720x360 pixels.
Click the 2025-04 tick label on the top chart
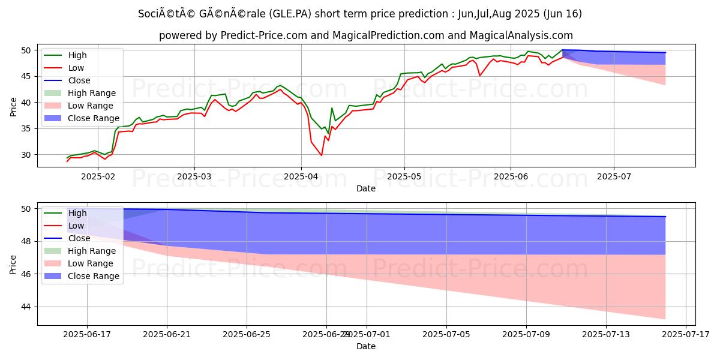tap(301, 176)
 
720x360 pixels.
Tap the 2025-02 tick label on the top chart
tap(97, 176)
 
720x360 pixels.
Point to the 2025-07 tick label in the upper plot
tap(614, 176)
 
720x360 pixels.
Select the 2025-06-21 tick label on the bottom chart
tap(167, 334)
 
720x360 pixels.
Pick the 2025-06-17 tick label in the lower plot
tap(87, 334)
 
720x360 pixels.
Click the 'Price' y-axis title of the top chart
tap(13, 106)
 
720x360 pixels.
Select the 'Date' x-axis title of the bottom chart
tap(366, 346)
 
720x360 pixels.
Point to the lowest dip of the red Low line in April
tap(322, 155)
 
